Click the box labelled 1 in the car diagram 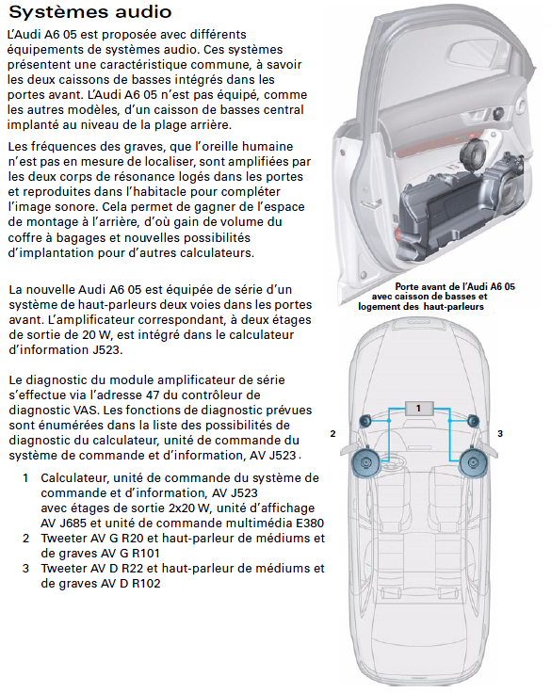pos(418,408)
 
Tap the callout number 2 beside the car pos(332,434)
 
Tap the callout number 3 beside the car pos(500,434)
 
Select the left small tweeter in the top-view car pos(364,421)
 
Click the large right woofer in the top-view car pos(473,462)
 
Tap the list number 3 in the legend pos(25,568)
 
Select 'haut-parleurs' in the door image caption pos(453,307)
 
